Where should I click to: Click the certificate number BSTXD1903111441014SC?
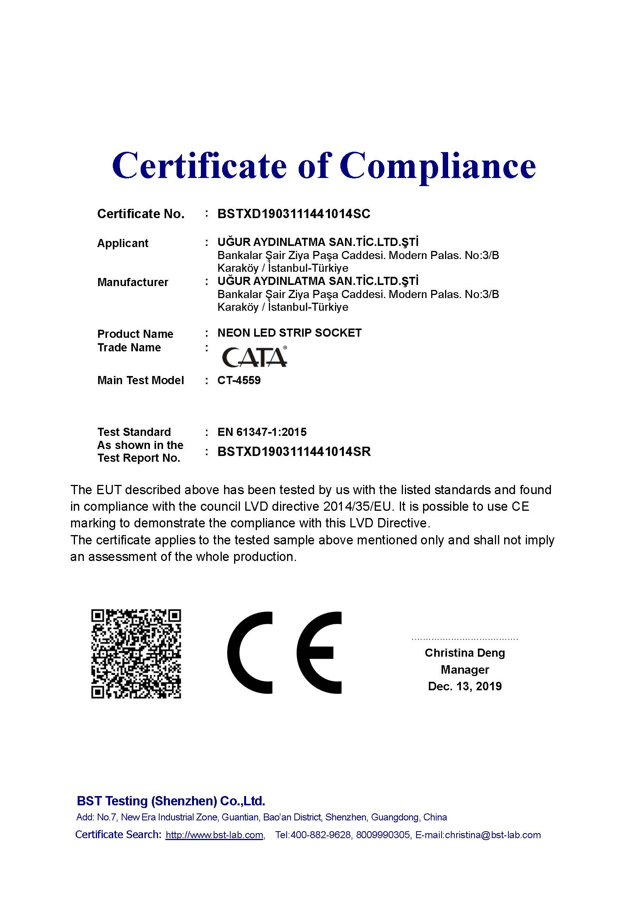(x=294, y=214)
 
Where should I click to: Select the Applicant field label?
(x=123, y=244)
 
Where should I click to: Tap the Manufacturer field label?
(x=133, y=282)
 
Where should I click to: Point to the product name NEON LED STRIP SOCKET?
(x=289, y=333)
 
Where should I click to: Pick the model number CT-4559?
(x=239, y=380)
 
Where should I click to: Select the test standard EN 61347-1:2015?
(x=262, y=432)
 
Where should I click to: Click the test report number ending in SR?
(x=294, y=452)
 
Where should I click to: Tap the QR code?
(x=136, y=654)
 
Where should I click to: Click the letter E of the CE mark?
(x=319, y=653)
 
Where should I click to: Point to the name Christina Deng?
(x=465, y=653)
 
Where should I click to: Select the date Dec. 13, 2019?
(x=465, y=686)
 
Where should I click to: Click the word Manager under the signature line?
(x=465, y=669)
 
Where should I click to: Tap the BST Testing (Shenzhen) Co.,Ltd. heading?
(x=171, y=801)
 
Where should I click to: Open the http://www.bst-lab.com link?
(x=214, y=835)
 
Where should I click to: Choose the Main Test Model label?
(x=141, y=380)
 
